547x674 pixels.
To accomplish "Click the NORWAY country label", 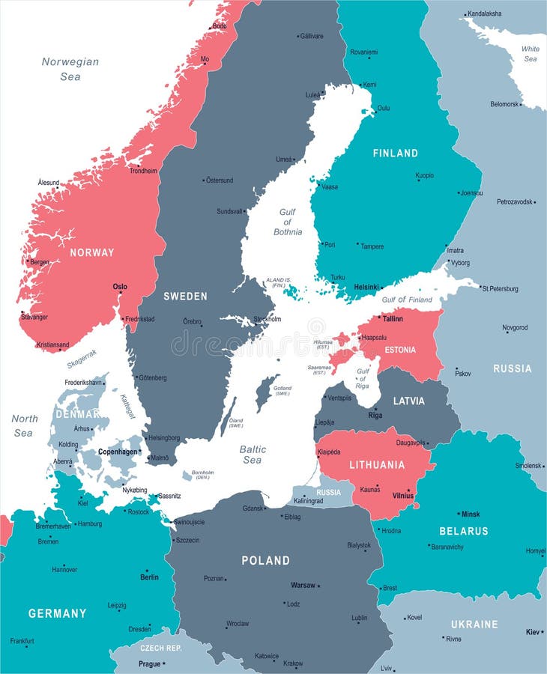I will coord(92,252).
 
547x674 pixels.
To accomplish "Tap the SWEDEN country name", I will coord(185,297).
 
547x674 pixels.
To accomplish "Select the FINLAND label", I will coord(396,154).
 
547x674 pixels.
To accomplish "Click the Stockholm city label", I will coord(268,319).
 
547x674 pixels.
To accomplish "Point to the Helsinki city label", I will coord(366,287).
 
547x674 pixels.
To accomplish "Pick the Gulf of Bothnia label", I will coord(287,222).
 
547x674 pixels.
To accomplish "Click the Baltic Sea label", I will coord(253,455).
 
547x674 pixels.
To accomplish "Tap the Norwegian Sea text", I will coord(70,69).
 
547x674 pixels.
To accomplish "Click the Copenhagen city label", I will coord(118,452).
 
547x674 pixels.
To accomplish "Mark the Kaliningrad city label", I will coord(307,500).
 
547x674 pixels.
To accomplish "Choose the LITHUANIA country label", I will coord(376,465).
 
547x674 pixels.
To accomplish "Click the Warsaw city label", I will coord(303,585).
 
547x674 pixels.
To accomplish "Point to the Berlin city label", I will coord(149,577).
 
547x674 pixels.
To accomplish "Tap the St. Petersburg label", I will coord(500,288).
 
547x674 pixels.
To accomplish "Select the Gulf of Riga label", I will coord(363,378).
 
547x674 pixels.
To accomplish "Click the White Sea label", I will coord(531,54).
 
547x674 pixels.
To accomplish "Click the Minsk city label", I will coord(471,514).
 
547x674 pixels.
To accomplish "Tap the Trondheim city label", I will coord(143,171).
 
